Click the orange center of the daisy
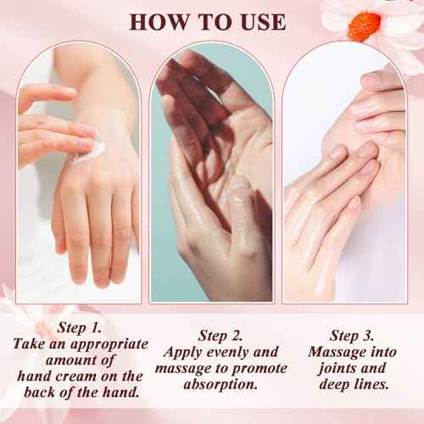pos(365,25)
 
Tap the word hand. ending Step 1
pos(120,393)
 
